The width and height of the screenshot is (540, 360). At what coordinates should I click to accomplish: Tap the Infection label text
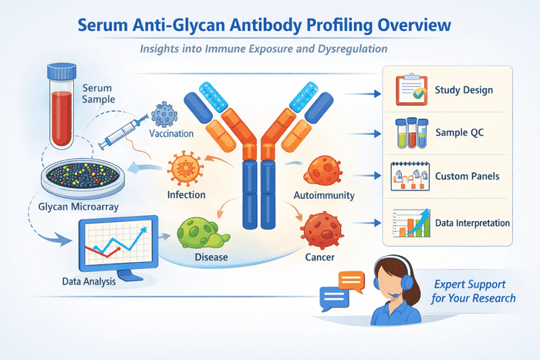(187, 194)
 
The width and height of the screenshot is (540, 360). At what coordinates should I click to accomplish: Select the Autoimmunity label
(325, 195)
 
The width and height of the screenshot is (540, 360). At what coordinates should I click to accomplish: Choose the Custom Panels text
(467, 177)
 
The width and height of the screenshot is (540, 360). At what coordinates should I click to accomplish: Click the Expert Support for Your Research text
(474, 290)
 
